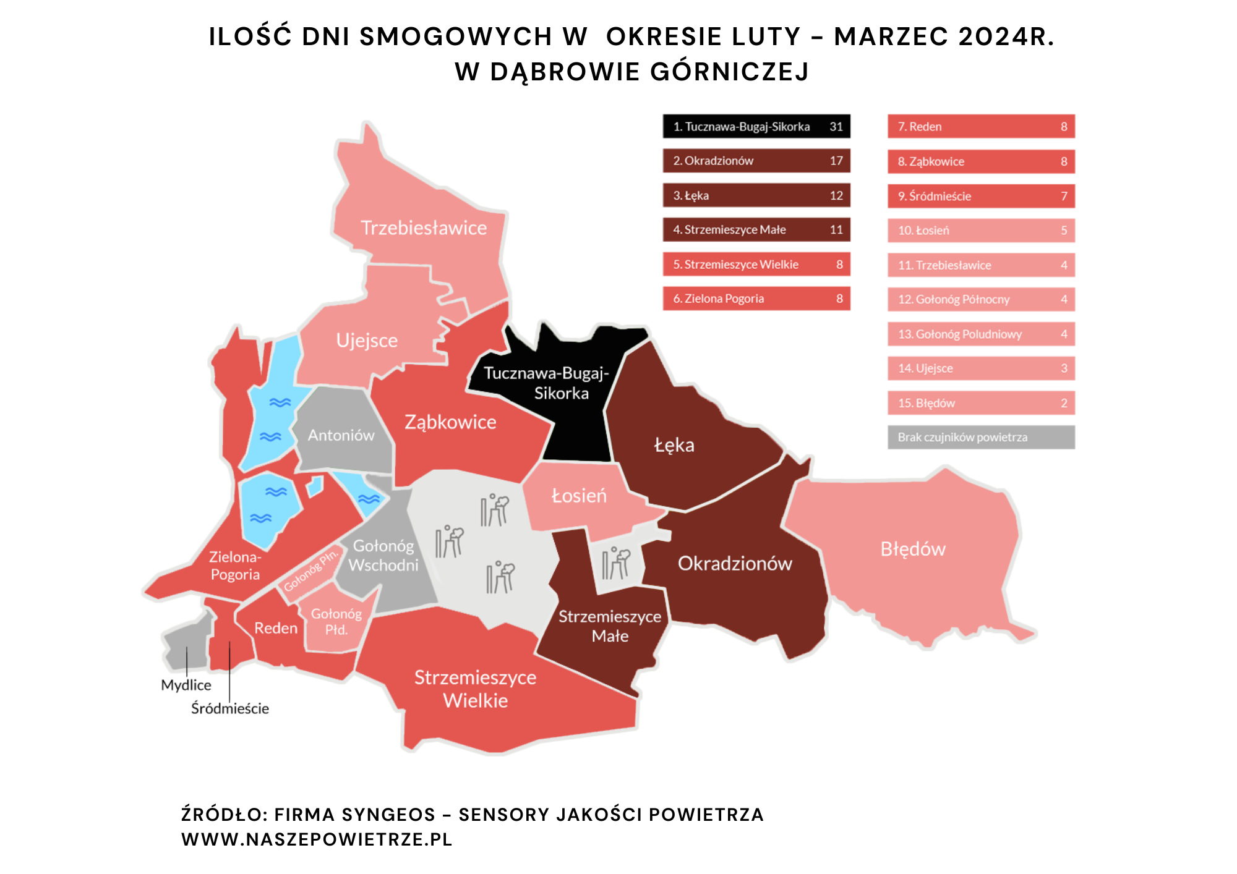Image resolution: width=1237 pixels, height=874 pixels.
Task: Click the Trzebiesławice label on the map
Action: click(x=424, y=228)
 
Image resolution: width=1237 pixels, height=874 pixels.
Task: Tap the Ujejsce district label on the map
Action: click(x=367, y=341)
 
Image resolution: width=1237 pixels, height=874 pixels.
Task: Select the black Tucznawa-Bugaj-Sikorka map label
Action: click(x=547, y=383)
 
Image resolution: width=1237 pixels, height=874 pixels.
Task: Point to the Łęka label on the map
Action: click(x=674, y=445)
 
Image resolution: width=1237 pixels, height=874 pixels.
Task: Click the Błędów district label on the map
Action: click(x=913, y=549)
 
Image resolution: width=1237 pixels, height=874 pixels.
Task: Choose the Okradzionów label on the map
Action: click(x=735, y=564)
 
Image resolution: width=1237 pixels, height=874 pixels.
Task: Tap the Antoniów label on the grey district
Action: click(x=341, y=435)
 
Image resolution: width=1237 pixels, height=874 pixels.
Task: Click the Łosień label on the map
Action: click(x=579, y=496)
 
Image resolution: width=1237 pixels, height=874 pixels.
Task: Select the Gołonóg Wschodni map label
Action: click(x=383, y=555)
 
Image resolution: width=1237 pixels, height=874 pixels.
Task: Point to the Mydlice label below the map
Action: click(x=186, y=685)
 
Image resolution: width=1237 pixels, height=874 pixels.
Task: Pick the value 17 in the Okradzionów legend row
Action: click(x=836, y=161)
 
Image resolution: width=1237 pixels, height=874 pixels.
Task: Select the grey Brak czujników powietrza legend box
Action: click(x=981, y=437)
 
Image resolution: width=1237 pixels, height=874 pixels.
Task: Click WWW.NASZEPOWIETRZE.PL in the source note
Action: click(x=317, y=839)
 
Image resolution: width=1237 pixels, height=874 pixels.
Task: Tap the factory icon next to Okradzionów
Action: click(x=616, y=562)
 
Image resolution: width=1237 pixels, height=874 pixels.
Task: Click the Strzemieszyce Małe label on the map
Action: click(x=610, y=626)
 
